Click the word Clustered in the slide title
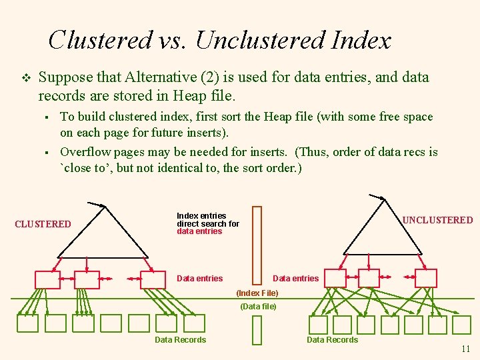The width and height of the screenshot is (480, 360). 100,40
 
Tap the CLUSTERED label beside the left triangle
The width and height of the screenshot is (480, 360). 43,224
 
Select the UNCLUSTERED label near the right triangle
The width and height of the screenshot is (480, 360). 438,220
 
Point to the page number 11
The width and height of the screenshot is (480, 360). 465,349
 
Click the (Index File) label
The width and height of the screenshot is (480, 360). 257,293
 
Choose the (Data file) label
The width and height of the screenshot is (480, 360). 258,307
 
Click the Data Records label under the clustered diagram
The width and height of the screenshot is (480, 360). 180,340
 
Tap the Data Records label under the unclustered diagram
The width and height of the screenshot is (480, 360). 332,340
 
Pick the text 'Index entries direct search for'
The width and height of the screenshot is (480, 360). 207,220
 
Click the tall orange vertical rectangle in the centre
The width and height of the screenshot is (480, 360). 257,245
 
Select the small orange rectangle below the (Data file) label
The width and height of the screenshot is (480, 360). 257,331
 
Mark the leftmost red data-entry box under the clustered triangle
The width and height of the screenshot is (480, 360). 47,279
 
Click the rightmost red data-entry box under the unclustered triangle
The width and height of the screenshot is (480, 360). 426,278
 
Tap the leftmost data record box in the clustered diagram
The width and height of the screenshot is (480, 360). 27,323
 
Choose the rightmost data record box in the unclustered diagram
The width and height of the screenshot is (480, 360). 462,325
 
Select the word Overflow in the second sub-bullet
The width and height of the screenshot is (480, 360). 85,152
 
